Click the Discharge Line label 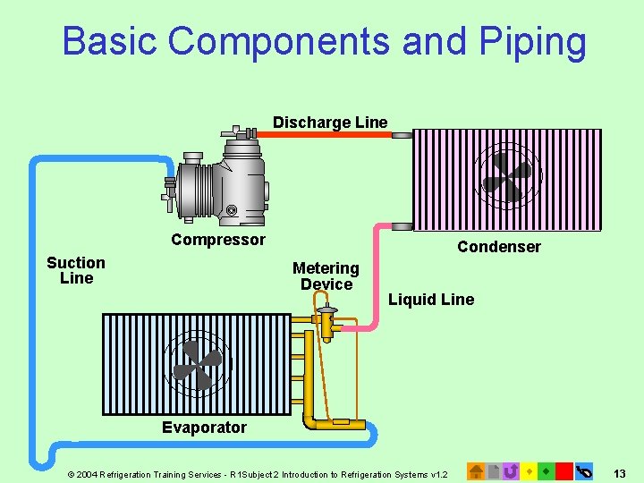click(330, 123)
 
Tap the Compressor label click(218, 240)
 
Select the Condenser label click(499, 247)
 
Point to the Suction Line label click(76, 270)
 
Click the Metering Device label click(326, 275)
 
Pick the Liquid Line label click(431, 300)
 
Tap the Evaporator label click(204, 428)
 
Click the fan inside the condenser click(506, 176)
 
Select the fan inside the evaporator click(197, 366)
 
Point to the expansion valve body click(327, 322)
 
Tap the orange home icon click(477, 470)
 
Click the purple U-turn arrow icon click(511, 470)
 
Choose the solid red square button click(563, 470)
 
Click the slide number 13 click(620, 472)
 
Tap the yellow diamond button click(529, 470)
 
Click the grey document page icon click(494, 470)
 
